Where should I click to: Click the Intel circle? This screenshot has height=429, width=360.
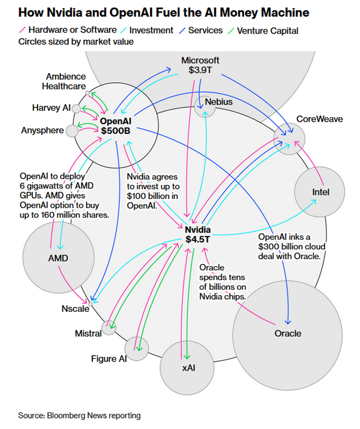(320, 192)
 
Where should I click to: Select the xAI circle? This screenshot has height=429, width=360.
(188, 367)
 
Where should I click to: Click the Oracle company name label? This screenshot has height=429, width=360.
(288, 334)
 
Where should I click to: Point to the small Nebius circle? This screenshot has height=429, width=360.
(204, 107)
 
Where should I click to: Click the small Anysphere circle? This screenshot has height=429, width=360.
(72, 130)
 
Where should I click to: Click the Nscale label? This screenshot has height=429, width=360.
(75, 309)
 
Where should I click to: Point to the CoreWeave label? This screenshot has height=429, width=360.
(319, 119)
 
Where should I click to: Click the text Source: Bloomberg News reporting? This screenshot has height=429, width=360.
(79, 415)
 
